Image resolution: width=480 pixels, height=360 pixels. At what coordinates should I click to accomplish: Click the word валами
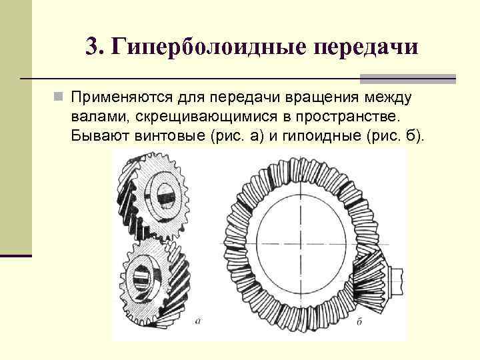pos(100,117)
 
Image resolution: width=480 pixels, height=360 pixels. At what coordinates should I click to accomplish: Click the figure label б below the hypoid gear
pos(359,322)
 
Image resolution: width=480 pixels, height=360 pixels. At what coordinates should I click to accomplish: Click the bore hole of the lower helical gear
pos(146,273)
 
